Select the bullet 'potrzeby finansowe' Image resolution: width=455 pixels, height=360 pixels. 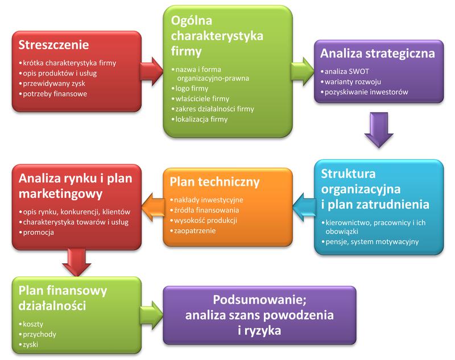[x=55, y=93]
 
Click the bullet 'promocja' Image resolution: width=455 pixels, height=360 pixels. [x=36, y=232]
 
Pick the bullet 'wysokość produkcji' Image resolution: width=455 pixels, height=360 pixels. [x=205, y=221]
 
